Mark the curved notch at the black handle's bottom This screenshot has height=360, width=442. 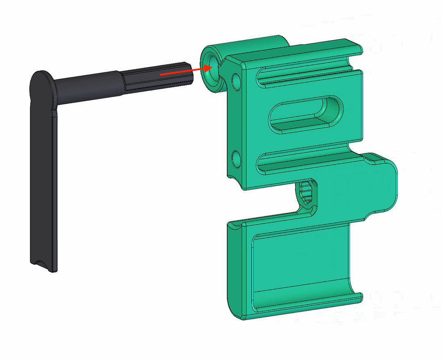pos(43,264)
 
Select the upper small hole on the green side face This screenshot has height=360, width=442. pos(236,81)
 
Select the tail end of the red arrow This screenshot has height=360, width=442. pos(161,75)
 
